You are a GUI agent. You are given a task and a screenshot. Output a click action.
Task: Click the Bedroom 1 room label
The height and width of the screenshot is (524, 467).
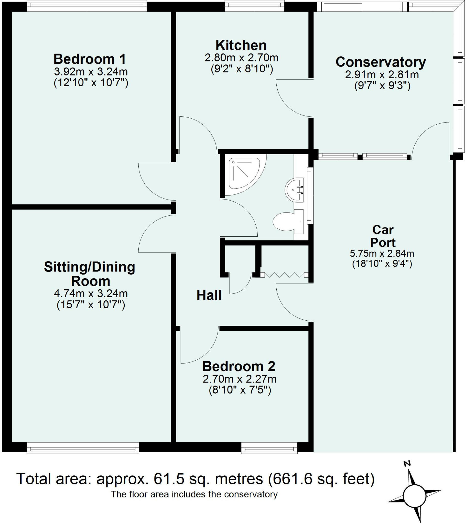(90, 59)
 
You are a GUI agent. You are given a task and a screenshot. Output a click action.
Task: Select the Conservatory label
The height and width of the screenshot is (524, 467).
(381, 62)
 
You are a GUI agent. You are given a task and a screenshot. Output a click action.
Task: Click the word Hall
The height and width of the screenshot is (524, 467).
(209, 295)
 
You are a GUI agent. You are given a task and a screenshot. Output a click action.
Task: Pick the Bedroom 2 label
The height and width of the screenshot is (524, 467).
(239, 366)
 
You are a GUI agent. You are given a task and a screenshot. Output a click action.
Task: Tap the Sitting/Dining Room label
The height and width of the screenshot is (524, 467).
(90, 274)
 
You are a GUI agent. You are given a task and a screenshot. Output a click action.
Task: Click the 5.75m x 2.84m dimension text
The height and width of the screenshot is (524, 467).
(382, 254)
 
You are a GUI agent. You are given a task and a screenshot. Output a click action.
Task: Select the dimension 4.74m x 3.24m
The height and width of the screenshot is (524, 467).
(91, 293)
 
